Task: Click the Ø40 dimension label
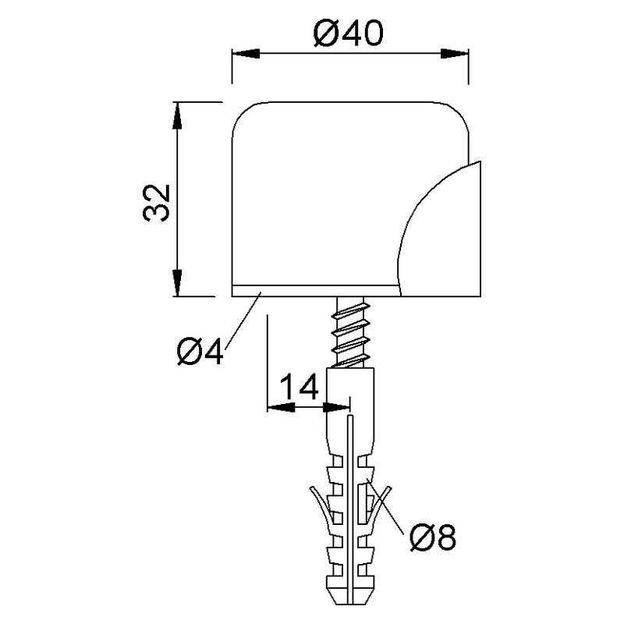tap(349, 34)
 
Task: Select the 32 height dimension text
tap(158, 203)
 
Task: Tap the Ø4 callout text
tap(200, 353)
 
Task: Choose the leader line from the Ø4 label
tap(242, 317)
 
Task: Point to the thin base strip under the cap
tap(312, 290)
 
